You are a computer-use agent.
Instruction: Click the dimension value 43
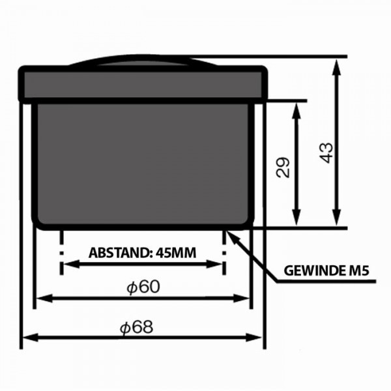326,153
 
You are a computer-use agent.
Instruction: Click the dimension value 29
283,167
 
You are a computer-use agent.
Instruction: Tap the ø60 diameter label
143,287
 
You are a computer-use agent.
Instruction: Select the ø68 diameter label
137,327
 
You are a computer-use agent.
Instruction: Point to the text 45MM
176,253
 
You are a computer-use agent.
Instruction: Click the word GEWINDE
314,270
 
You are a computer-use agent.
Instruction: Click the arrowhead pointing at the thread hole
231,236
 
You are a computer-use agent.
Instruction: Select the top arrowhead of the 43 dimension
337,67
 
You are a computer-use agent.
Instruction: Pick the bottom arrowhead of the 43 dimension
337,218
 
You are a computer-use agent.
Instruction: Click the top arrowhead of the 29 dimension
296,111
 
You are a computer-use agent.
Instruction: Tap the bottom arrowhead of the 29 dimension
296,218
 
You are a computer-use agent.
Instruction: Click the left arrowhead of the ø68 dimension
31,338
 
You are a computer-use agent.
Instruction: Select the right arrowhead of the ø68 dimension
253,338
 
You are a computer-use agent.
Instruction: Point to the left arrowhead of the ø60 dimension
45,298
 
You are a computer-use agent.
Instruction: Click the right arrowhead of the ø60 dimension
241,298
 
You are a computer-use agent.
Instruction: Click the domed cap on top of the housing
143,61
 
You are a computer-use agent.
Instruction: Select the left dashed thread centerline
61,252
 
